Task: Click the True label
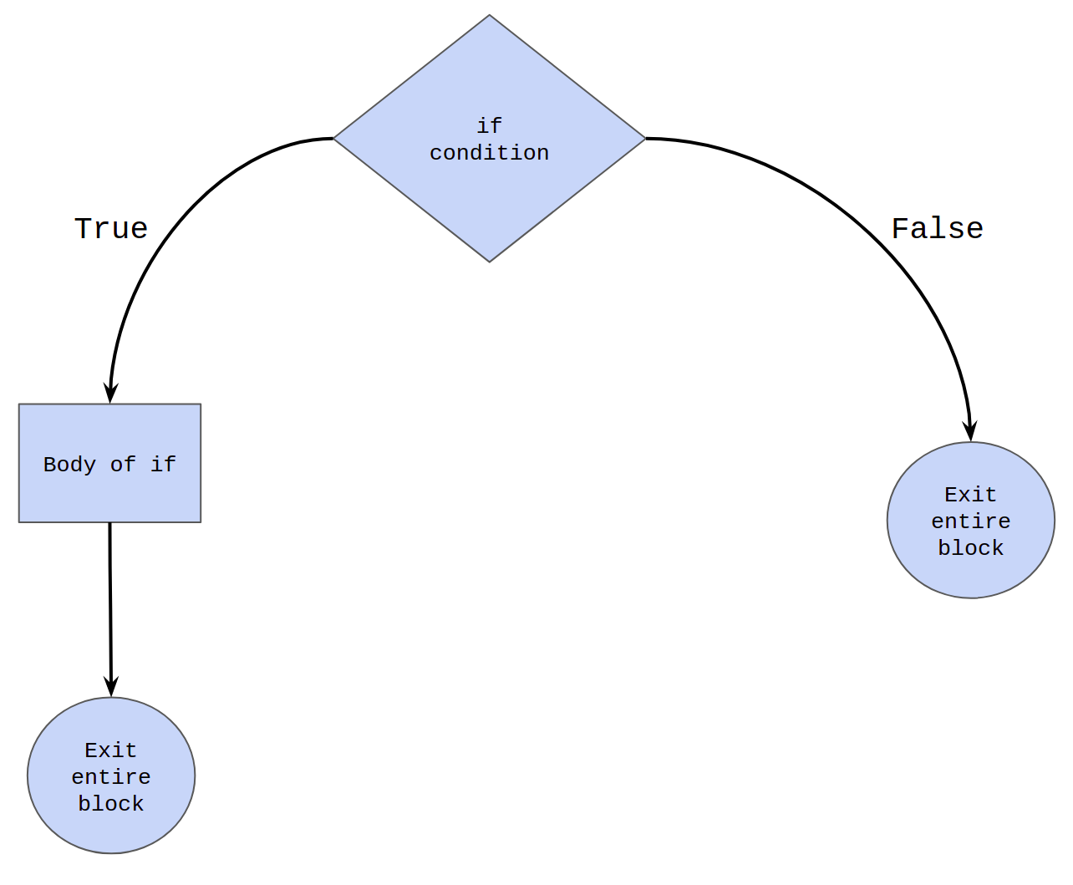tap(111, 229)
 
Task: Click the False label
tap(937, 229)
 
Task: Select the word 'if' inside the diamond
tap(489, 126)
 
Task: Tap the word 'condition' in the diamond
tap(489, 153)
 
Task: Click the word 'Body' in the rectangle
tap(69, 465)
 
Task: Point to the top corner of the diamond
tap(489, 15)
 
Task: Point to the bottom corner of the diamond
tap(489, 262)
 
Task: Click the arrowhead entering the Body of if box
tap(110, 393)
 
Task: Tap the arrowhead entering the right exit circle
tap(970, 430)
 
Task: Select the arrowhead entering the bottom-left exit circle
tap(111, 687)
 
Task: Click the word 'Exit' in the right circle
tap(971, 495)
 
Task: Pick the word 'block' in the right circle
tap(971, 548)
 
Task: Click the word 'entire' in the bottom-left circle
tap(111, 777)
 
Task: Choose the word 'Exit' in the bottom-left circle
tap(111, 750)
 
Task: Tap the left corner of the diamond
tap(334, 138)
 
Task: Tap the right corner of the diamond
tap(645, 138)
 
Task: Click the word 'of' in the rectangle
tap(123, 465)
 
